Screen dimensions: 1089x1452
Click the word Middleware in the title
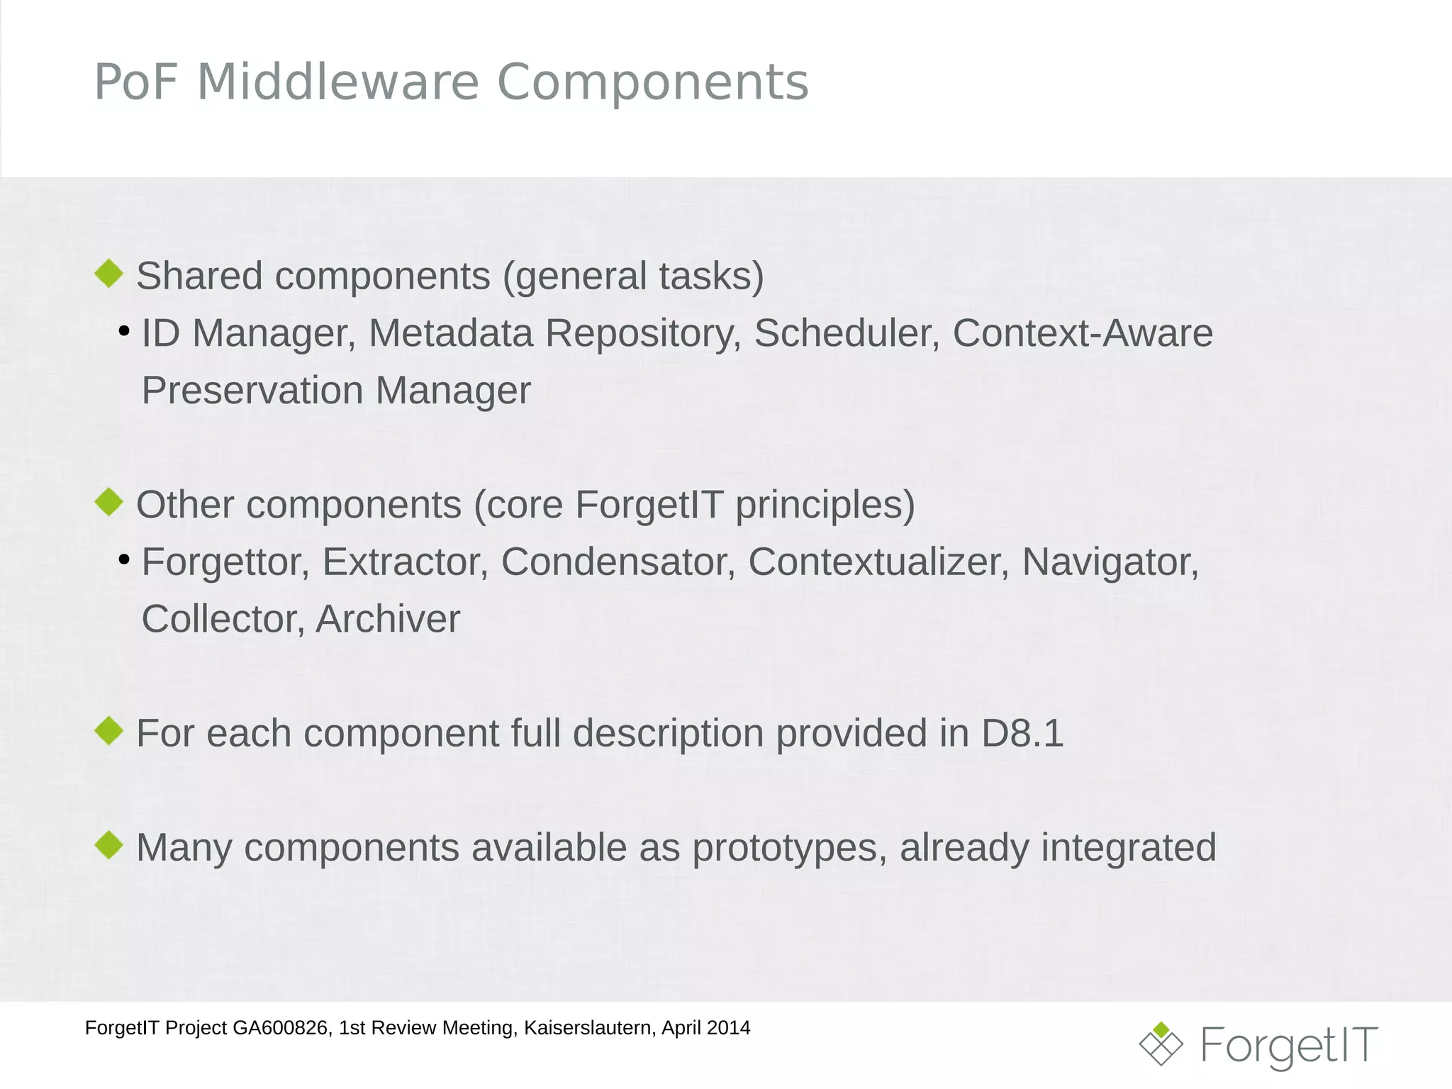(x=338, y=82)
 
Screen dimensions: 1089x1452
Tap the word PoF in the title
(x=135, y=82)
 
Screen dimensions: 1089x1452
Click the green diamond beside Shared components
(x=109, y=274)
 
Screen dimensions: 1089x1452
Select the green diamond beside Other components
(x=109, y=502)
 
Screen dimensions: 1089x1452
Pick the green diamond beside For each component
(x=109, y=731)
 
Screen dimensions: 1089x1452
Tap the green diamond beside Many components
(x=109, y=845)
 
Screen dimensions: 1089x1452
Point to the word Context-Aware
(x=1082, y=333)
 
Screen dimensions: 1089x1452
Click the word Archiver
(x=388, y=619)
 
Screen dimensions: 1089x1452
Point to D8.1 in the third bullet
(x=1022, y=733)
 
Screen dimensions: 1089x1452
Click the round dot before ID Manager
(x=125, y=331)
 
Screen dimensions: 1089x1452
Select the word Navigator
(x=1110, y=562)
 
